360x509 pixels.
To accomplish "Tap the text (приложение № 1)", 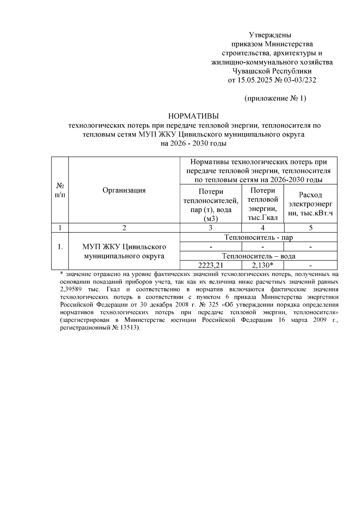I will click(x=275, y=98).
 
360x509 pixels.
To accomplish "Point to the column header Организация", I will click(x=124, y=190).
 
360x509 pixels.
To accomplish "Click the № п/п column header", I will click(x=60, y=190).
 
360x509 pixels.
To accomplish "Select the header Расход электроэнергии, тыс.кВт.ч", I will click(x=310, y=204).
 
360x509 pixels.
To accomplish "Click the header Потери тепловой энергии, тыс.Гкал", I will click(x=262, y=204).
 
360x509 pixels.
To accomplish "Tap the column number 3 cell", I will click(x=211, y=228).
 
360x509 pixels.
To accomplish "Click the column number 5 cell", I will click(x=310, y=228).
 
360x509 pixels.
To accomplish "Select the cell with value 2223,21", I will click(x=211, y=265).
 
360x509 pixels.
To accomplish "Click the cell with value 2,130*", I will click(x=262, y=265).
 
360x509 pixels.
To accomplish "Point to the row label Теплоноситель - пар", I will click(x=259, y=237).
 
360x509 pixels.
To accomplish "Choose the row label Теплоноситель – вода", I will click(x=259, y=256).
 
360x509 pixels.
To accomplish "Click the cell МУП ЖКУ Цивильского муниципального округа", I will click(x=124, y=251).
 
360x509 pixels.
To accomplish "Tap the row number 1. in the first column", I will click(x=60, y=247).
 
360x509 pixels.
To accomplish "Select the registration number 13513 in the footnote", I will click(x=130, y=328).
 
